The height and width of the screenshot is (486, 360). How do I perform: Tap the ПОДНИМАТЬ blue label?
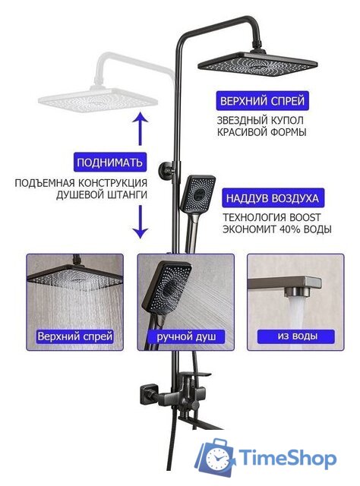point(109,162)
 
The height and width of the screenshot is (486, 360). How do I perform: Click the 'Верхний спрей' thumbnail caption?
point(75,335)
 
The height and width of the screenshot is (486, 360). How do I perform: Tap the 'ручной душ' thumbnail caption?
point(185,335)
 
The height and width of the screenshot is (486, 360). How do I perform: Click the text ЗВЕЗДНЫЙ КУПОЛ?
point(261,120)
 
